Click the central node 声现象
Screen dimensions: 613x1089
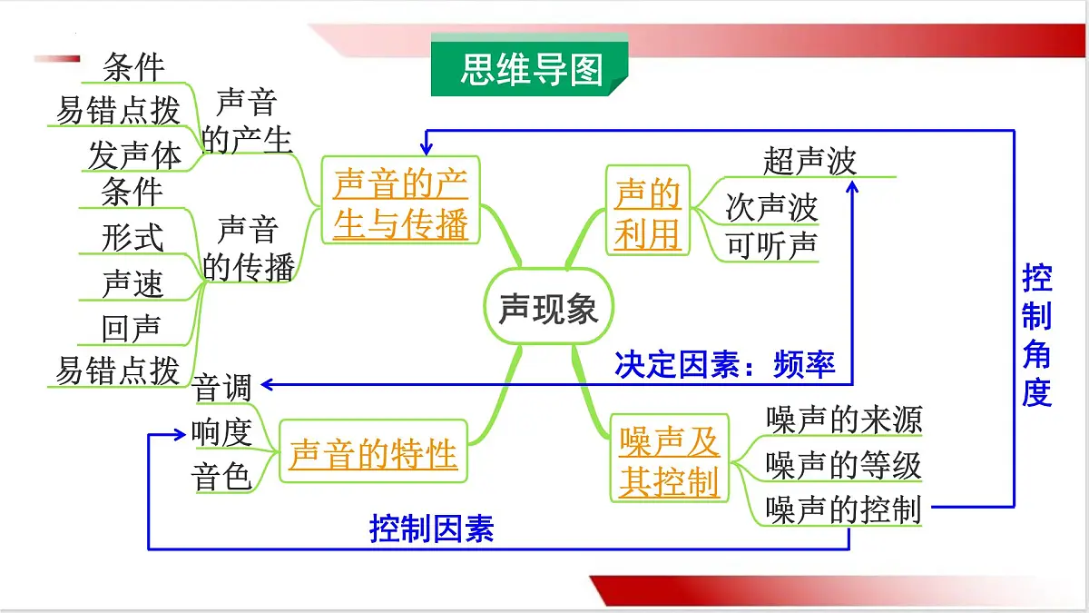click(548, 310)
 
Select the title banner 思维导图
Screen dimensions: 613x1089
click(531, 68)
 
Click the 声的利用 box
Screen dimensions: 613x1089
click(648, 214)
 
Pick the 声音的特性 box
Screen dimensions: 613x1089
click(373, 452)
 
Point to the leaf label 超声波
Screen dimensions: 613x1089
click(809, 161)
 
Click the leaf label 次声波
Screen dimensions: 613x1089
click(771, 208)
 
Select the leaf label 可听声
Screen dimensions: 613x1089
click(771, 246)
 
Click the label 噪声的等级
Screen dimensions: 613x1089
click(843, 465)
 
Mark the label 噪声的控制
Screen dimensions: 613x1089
click(843, 509)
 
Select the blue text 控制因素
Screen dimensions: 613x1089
click(431, 529)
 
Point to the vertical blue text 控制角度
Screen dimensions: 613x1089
click(1036, 335)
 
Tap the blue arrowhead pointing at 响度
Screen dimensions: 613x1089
click(180, 434)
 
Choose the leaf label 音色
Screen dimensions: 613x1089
click(222, 476)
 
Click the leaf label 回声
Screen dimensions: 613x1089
click(131, 329)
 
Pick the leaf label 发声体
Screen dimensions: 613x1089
click(134, 155)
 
